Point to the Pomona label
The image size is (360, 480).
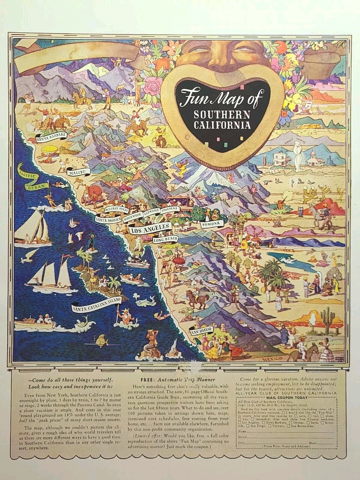pos(211,224)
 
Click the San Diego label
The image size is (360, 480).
pos(202,330)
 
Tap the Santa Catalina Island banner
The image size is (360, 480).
pos(96,304)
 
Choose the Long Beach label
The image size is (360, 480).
pos(165,239)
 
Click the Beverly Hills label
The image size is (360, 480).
pos(116,209)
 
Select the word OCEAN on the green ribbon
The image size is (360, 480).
pos(37,186)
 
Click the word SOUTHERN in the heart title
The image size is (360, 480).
pos(222,115)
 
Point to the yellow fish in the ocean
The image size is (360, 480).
pos(102,341)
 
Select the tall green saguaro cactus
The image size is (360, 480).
pos(327,320)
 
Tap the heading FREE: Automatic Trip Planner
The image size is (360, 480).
pos(178,379)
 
